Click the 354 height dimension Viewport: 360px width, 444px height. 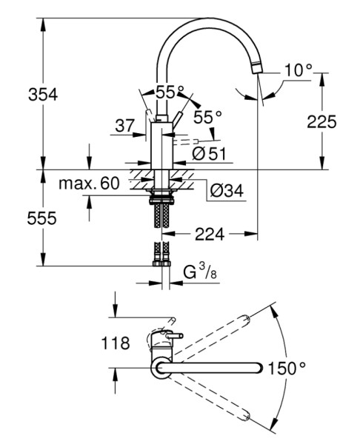point(43,94)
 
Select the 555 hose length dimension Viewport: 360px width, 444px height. point(42,218)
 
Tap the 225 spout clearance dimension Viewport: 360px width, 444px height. point(321,122)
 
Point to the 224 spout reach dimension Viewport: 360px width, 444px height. point(210,234)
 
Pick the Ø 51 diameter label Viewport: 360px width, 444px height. point(209,154)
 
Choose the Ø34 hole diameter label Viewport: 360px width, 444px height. point(227,190)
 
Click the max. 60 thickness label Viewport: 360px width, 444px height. point(89,184)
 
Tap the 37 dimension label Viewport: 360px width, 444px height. point(124,126)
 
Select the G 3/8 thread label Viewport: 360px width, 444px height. point(200,272)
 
